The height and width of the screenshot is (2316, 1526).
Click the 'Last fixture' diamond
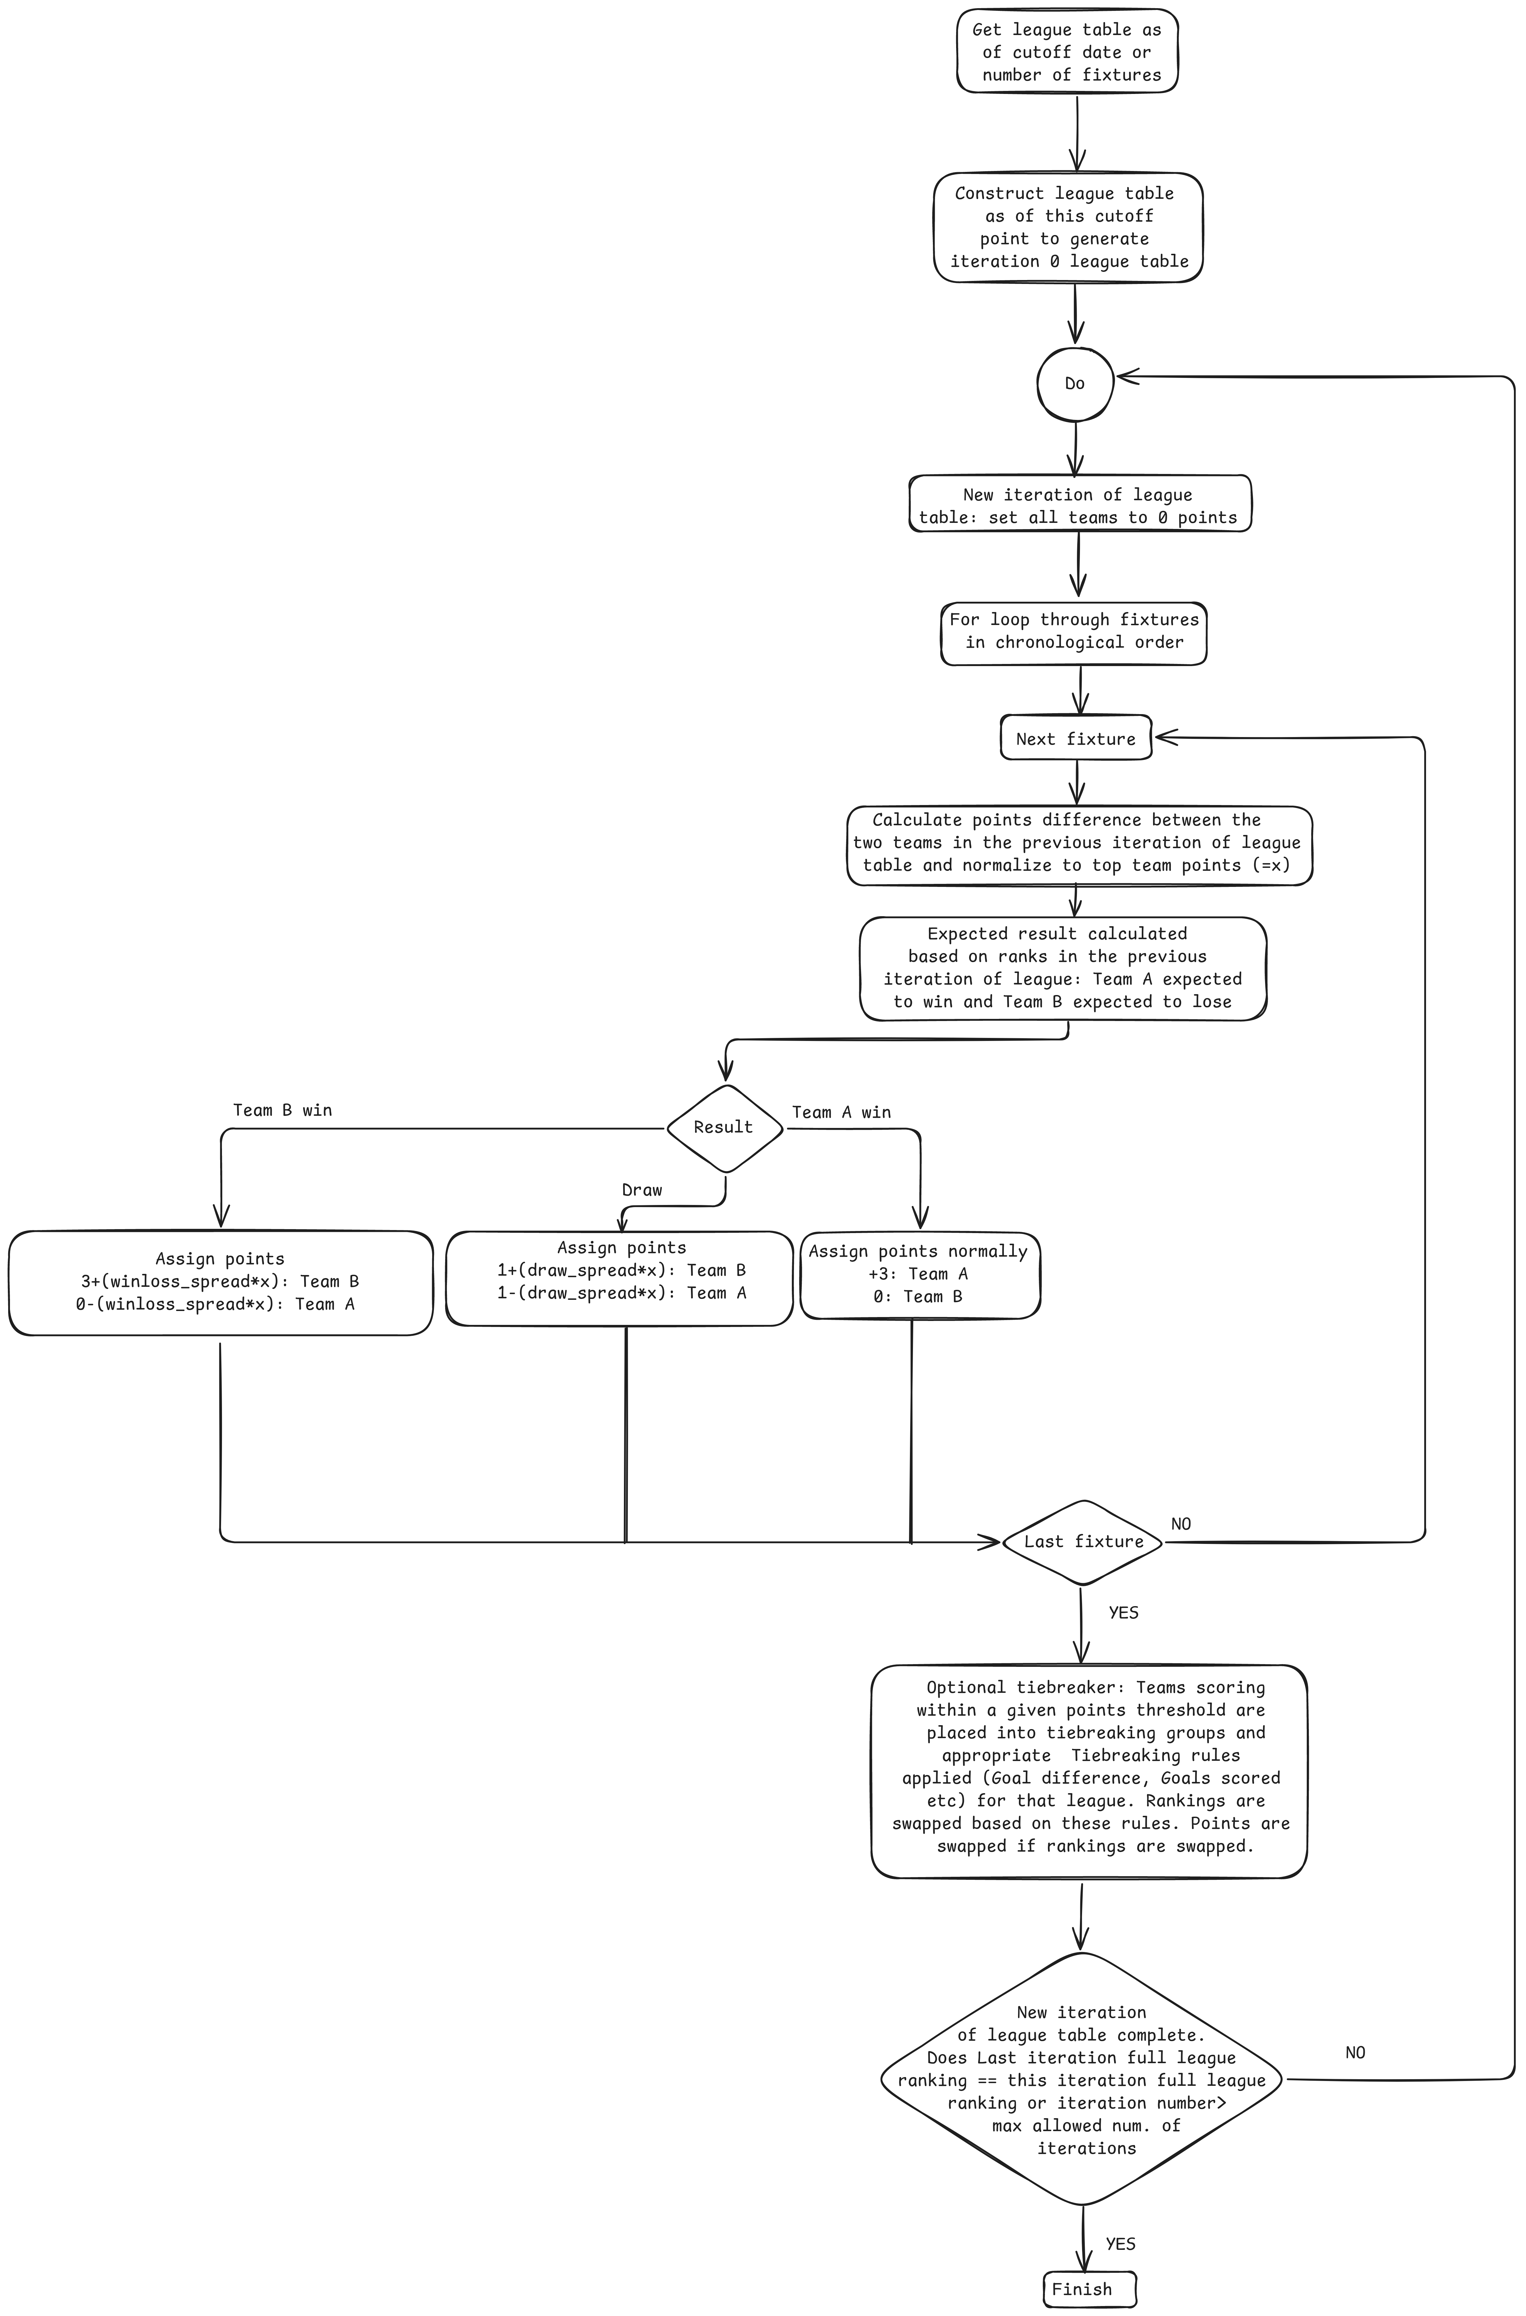coord(1082,1541)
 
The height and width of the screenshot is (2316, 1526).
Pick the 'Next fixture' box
coord(1075,739)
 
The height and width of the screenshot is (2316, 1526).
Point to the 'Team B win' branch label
coord(282,1110)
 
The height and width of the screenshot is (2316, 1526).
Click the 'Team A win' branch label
coord(841,1112)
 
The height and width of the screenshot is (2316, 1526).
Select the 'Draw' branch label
coord(641,1190)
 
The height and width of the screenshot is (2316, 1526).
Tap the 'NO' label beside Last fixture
coord(1181,1524)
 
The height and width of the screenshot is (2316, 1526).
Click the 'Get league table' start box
coord(1067,52)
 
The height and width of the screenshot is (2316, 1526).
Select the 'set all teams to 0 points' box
coord(1079,504)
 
